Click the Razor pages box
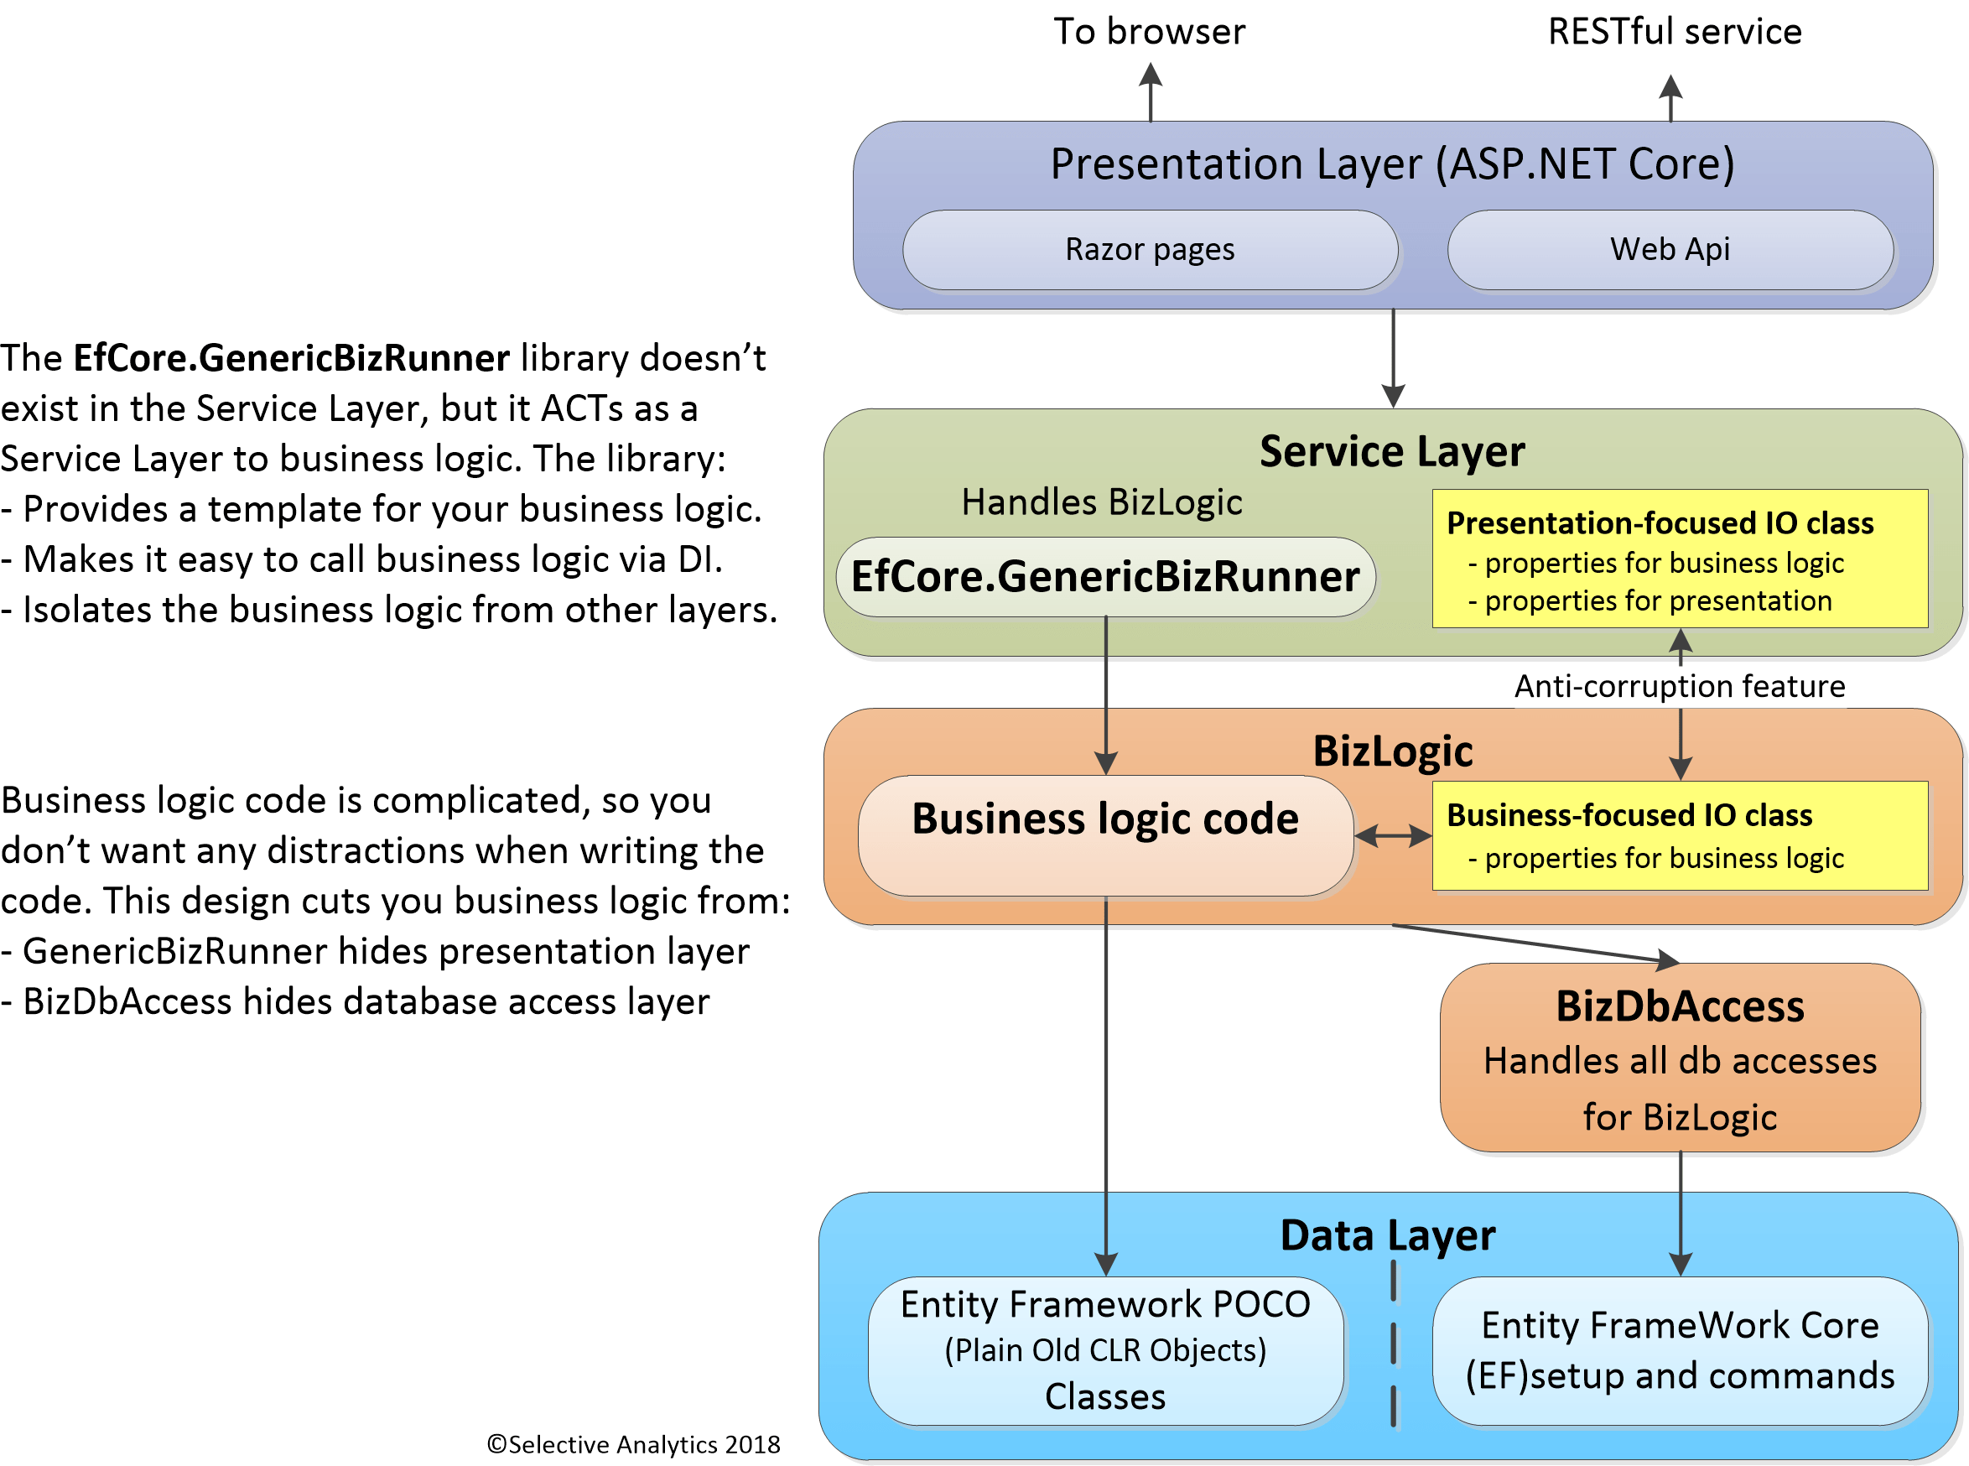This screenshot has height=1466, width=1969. [x=1150, y=250]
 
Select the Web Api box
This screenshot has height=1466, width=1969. [x=1670, y=250]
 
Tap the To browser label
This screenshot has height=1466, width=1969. [x=1149, y=32]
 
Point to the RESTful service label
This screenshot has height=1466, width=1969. [x=1675, y=32]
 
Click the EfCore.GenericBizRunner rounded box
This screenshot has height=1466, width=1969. [x=1104, y=577]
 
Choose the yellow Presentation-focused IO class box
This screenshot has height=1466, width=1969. [x=1679, y=559]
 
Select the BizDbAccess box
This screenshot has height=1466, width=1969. [x=1680, y=1058]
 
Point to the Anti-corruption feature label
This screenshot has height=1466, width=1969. [x=1679, y=687]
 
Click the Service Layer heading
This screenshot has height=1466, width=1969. [x=1391, y=452]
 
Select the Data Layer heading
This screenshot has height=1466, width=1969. [x=1387, y=1236]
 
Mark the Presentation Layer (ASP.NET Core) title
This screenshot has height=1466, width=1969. [x=1391, y=164]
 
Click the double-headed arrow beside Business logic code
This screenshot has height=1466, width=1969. [x=1392, y=836]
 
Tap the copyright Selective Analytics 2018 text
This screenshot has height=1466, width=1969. [x=634, y=1445]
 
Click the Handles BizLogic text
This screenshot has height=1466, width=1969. [x=1101, y=503]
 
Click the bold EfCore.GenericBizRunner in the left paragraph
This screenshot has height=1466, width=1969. [x=291, y=358]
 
